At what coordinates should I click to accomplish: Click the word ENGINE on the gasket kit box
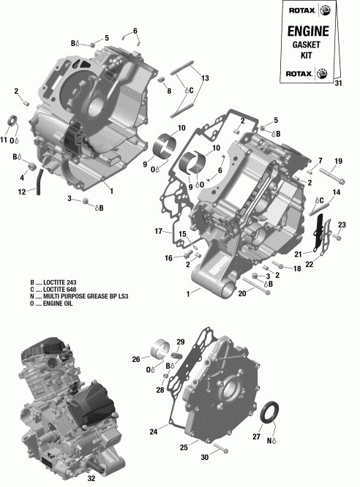[x=305, y=32]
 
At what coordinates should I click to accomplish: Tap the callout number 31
[x=337, y=82]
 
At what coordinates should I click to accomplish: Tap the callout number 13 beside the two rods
[x=205, y=78]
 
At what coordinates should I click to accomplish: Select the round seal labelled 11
[x=13, y=121]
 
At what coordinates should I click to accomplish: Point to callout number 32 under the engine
[x=91, y=479]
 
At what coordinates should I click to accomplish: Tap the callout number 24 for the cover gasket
[x=154, y=432]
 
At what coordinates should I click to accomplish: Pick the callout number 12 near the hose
[x=22, y=192]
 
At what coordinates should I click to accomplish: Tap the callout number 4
[x=22, y=178]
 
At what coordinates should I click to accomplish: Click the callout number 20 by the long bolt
[x=242, y=294]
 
